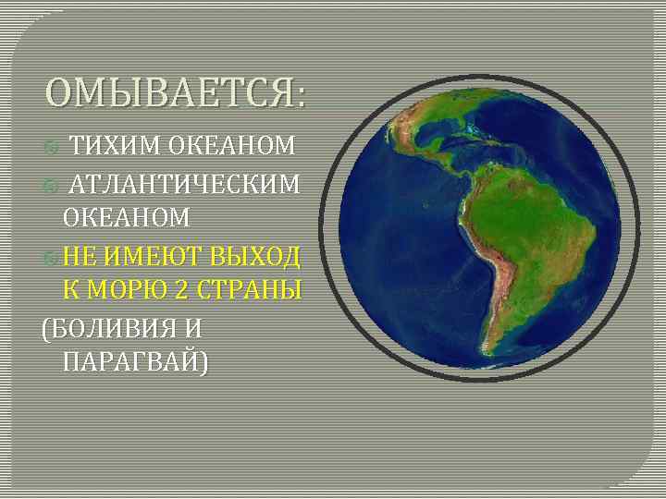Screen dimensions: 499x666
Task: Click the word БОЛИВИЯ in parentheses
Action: pyautogui.click(x=117, y=326)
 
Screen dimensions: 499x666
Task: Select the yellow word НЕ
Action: pyautogui.click(x=80, y=254)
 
